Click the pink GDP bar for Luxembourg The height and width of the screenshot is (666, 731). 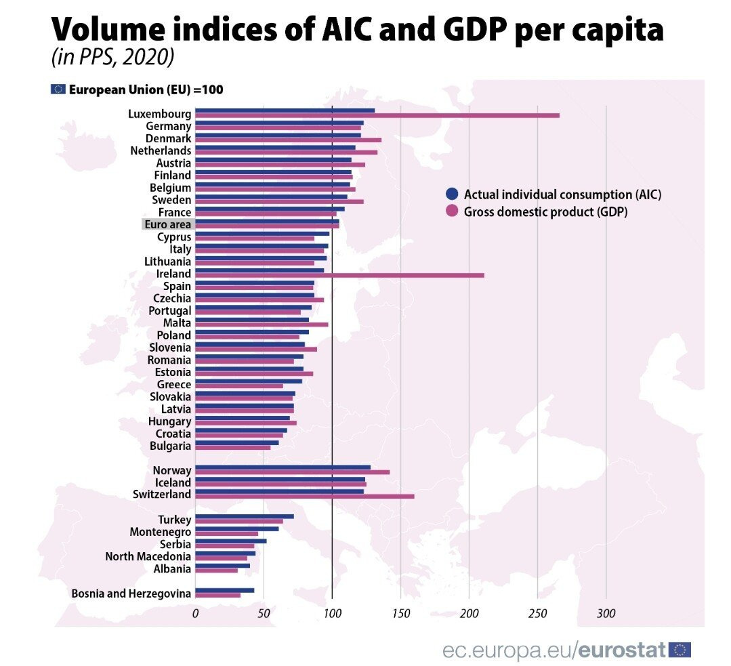[377, 115]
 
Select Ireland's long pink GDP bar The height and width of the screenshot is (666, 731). [339, 275]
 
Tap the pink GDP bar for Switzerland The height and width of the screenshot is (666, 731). [304, 496]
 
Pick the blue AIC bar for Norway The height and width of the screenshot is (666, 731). [283, 467]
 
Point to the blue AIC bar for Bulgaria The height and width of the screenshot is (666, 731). [236, 442]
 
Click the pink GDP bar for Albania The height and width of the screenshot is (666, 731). [216, 570]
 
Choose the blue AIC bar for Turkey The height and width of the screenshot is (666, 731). [244, 516]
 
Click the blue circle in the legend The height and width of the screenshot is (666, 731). [452, 194]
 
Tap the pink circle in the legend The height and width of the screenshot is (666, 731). [452, 211]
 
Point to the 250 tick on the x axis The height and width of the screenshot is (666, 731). [537, 615]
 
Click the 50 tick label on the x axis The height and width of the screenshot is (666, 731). [264, 615]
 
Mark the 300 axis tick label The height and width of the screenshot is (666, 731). [606, 615]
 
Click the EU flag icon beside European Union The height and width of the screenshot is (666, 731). [58, 89]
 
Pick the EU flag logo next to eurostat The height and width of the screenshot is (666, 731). [680, 650]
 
